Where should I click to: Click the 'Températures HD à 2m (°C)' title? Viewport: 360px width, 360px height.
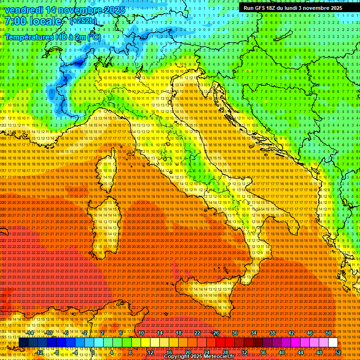point(53,37)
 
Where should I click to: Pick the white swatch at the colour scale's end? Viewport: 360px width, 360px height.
point(333,343)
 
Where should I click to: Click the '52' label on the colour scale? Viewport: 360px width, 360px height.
point(338,352)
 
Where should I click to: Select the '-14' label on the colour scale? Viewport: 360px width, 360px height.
point(30,333)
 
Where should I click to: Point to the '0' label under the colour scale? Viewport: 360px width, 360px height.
point(93,352)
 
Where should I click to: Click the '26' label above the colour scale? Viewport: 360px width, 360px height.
point(216,333)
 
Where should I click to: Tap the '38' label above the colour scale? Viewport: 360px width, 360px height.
point(272,333)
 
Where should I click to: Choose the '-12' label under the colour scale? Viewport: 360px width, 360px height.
point(39,352)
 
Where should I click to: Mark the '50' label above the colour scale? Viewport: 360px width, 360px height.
point(328,333)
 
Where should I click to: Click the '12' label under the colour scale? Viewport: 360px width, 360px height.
point(150,352)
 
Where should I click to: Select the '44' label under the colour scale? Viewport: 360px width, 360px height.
point(300,352)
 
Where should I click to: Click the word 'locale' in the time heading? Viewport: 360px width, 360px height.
point(45,22)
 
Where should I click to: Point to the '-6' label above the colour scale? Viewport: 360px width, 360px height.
point(66,333)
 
